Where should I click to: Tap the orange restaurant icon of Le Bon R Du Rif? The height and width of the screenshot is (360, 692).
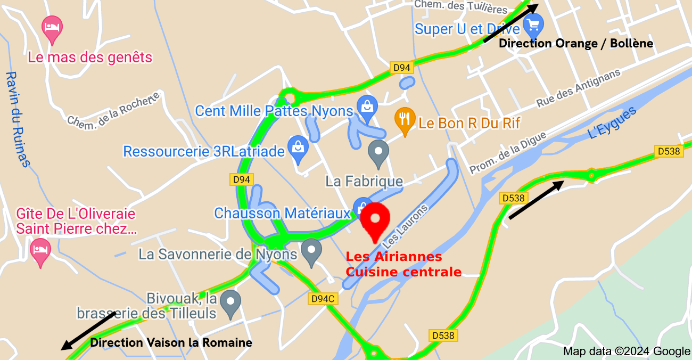tap(405, 121)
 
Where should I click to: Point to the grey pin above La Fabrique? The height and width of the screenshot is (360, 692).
tap(378, 152)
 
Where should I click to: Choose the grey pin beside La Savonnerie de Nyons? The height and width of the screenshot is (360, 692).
tap(311, 251)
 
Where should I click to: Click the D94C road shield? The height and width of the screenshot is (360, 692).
tap(323, 299)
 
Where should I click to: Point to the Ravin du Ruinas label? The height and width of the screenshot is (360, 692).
tap(17, 119)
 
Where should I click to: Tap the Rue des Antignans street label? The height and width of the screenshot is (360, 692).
tap(578, 87)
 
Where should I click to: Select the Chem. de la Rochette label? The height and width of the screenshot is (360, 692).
tap(113, 109)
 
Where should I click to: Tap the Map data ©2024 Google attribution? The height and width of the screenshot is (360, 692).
tap(627, 351)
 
